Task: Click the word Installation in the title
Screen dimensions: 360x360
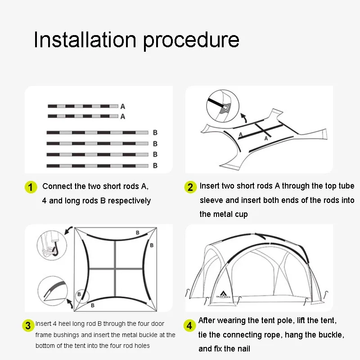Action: (x=85, y=40)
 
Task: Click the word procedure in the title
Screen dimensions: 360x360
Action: (x=191, y=41)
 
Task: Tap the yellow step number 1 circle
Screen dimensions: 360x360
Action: (x=31, y=187)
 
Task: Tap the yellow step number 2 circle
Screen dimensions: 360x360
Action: (x=190, y=187)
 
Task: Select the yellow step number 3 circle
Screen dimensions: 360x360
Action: (x=28, y=325)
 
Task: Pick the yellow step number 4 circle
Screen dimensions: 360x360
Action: (x=189, y=325)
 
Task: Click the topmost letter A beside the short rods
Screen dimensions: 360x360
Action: (x=123, y=107)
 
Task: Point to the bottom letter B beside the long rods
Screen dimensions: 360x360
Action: (x=155, y=166)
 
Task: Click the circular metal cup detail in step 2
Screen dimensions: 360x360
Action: (x=223, y=106)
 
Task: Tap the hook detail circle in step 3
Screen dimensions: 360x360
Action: (x=52, y=245)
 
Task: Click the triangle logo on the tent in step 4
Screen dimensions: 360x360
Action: (x=223, y=293)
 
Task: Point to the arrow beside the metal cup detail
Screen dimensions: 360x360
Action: (x=244, y=118)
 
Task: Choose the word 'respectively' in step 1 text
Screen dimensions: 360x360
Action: (x=130, y=201)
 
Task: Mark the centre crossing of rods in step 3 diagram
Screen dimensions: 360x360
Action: (x=115, y=269)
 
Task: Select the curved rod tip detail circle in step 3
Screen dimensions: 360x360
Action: (x=53, y=291)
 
